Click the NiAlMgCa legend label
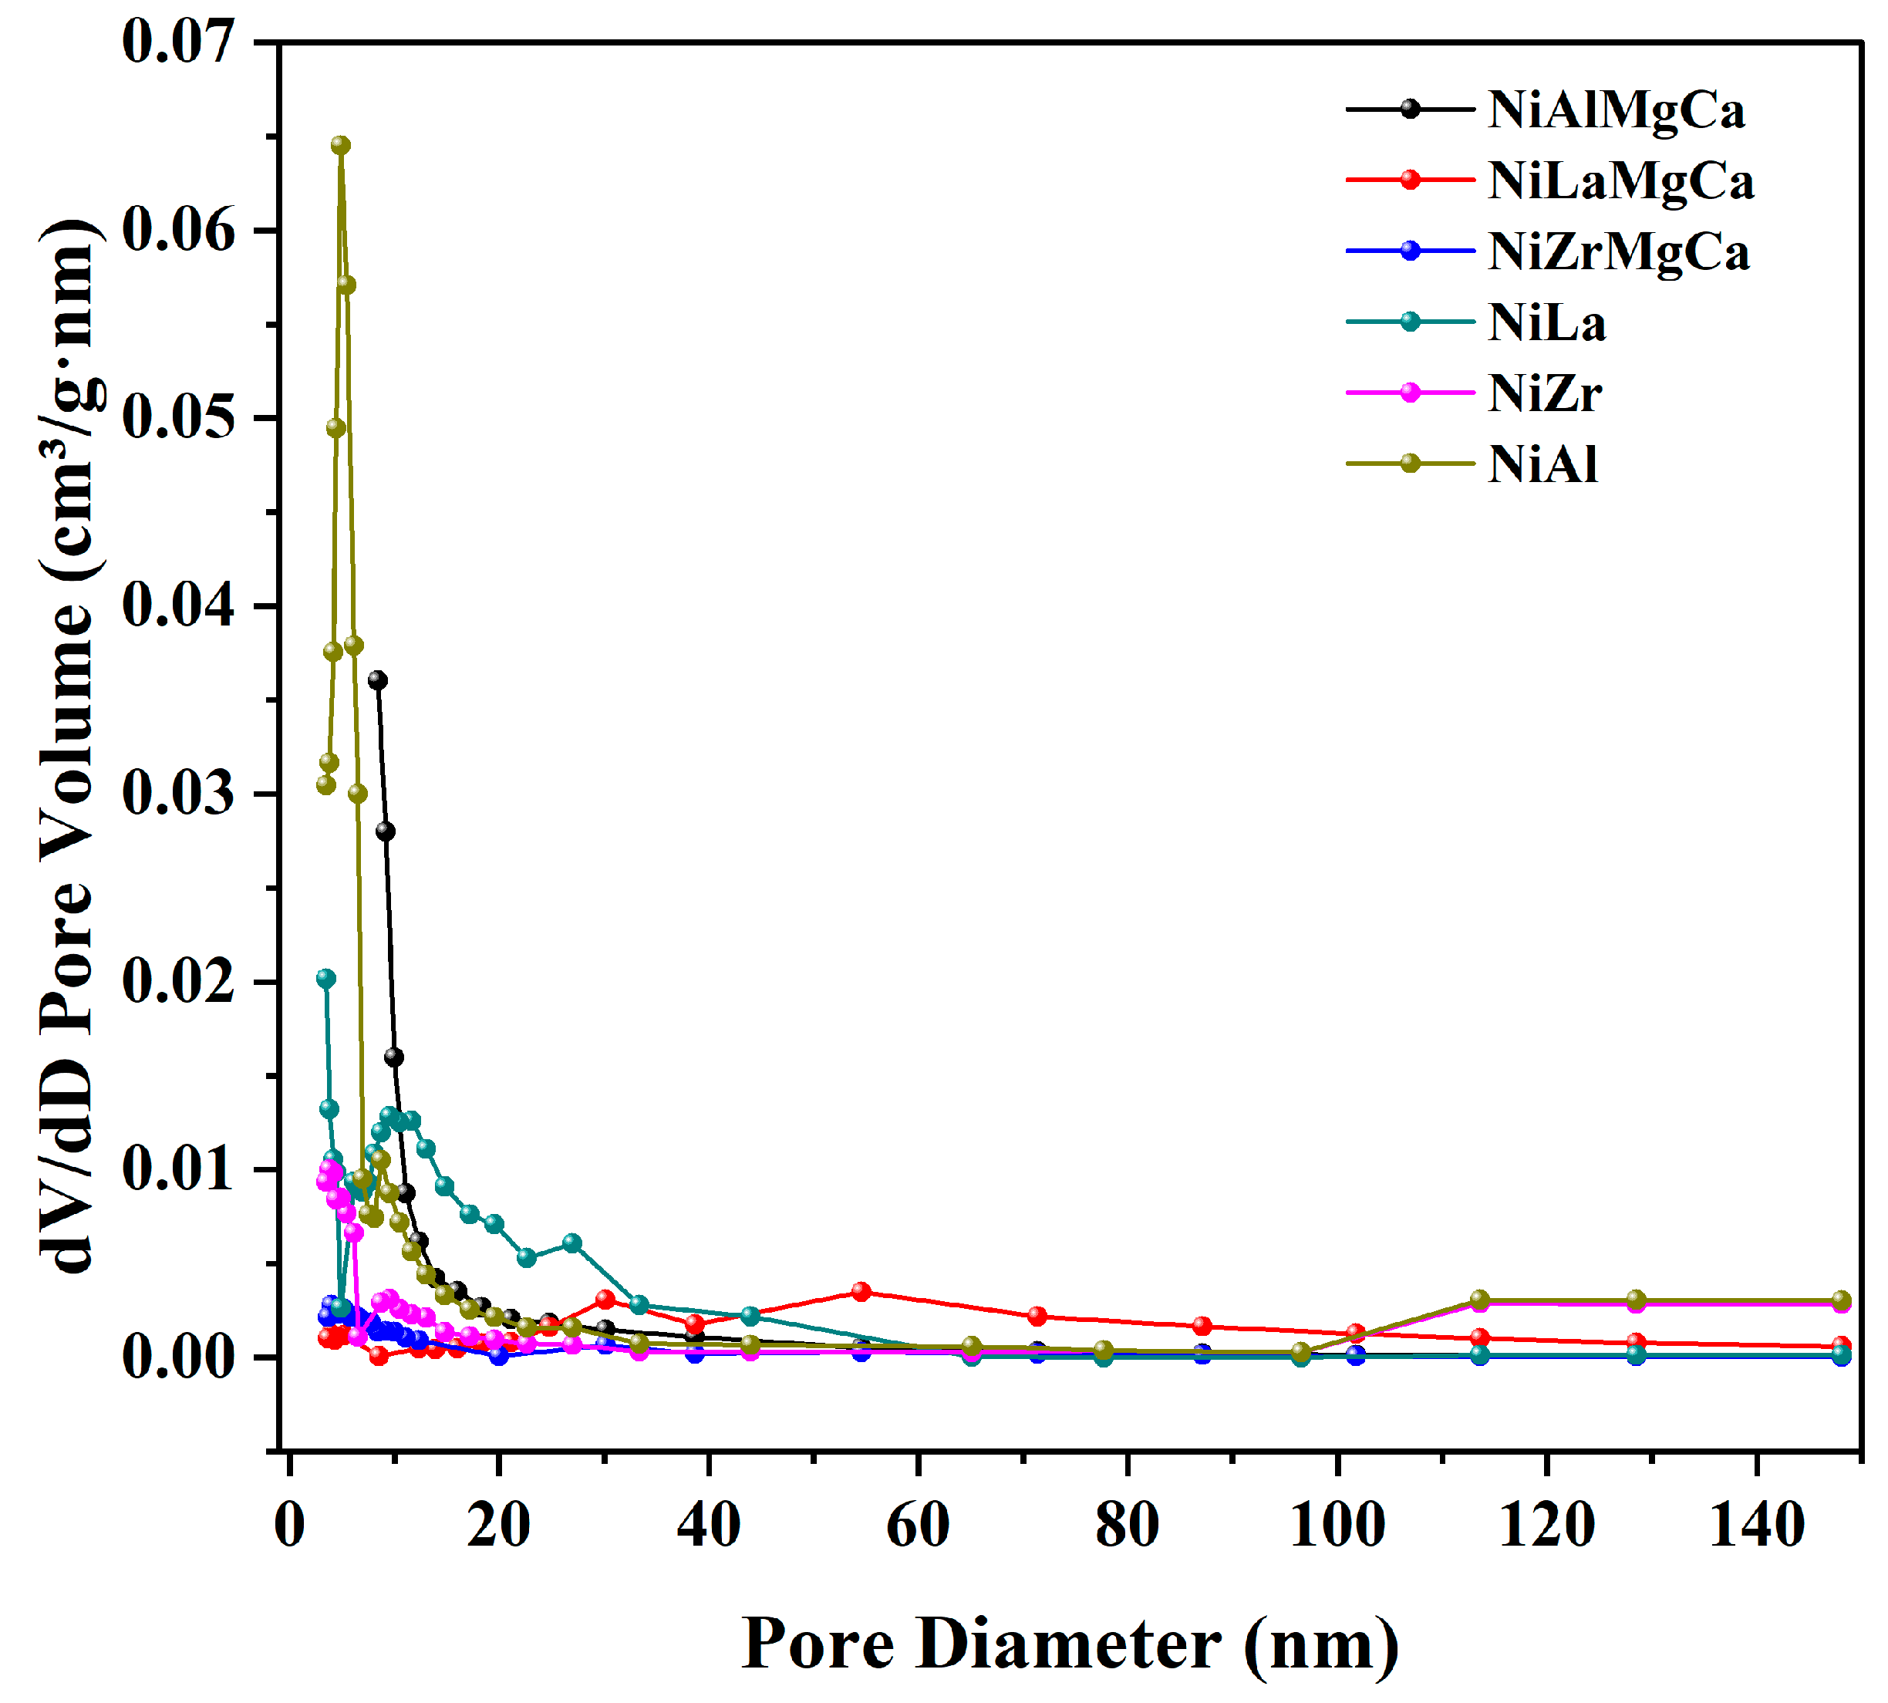tap(1616, 110)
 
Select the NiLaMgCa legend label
tap(1620, 180)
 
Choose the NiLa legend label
tap(1546, 323)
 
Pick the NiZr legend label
tap(1545, 393)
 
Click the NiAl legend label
tap(1542, 464)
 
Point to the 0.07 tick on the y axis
tap(177, 42)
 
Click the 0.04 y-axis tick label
tap(177, 605)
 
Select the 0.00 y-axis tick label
tap(177, 1357)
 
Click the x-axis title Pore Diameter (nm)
tap(1070, 1644)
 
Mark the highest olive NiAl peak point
tap(341, 145)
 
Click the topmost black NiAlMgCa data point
tap(378, 680)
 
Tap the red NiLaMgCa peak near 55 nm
tap(861, 1292)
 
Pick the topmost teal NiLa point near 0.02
tap(325, 979)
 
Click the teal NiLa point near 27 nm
tap(571, 1243)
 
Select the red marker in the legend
tap(1410, 180)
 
